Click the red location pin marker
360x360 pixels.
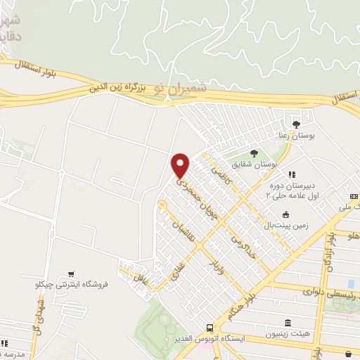tap(181, 165)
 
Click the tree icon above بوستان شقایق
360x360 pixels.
tap(254, 154)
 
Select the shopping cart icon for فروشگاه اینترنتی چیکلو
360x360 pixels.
tap(71, 274)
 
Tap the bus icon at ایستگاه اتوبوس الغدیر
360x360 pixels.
tap(210, 328)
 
